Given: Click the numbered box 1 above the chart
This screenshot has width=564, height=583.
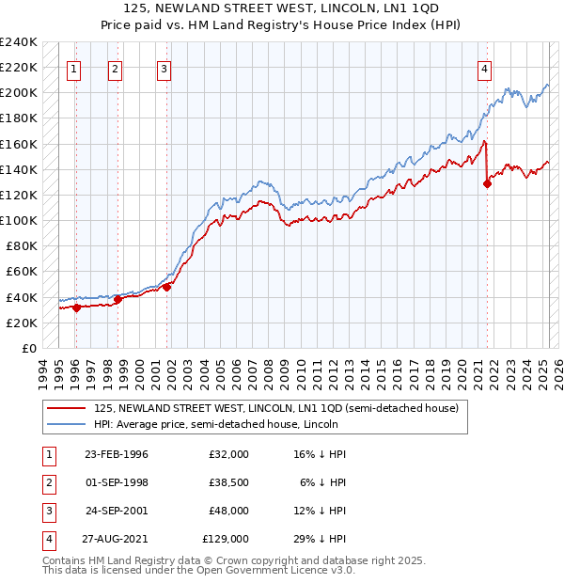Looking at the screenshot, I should (x=73, y=68).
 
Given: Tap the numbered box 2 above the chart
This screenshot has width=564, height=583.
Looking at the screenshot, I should (x=115, y=68).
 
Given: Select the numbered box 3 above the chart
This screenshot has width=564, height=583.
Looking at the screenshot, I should (x=164, y=68).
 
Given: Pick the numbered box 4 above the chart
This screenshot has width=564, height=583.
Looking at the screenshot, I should (x=484, y=68).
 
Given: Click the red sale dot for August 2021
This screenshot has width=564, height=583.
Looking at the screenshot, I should (x=487, y=183).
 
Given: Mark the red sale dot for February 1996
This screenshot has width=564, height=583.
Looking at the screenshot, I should (x=76, y=307).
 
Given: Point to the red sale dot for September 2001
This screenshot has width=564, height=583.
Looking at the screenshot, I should (x=166, y=287).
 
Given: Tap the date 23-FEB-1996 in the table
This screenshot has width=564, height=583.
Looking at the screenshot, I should (x=117, y=454).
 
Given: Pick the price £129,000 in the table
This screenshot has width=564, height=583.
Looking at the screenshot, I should (x=226, y=539).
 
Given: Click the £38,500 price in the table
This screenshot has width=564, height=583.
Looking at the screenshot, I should (x=228, y=482).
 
